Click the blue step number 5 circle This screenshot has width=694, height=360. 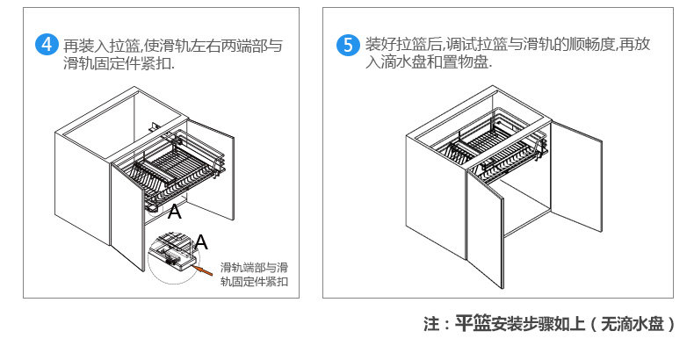pyautogui.click(x=349, y=45)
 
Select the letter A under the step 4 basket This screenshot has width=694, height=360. pyautogui.click(x=174, y=211)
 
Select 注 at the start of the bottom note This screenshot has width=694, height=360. pyautogui.click(x=430, y=324)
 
